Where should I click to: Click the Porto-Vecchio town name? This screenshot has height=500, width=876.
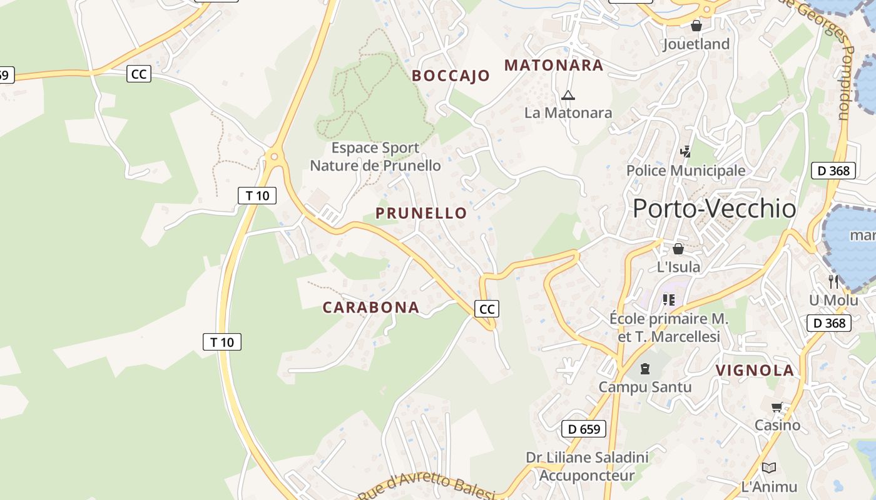(x=714, y=209)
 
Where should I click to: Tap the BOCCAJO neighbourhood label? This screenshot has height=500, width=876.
(x=451, y=76)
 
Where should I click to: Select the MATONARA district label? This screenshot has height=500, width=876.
(x=554, y=65)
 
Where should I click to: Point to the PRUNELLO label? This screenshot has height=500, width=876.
(x=421, y=213)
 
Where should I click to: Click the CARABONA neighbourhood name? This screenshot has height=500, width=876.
(x=370, y=307)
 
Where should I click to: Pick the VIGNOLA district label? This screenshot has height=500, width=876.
(x=755, y=370)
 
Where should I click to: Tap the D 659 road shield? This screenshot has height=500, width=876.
(x=584, y=429)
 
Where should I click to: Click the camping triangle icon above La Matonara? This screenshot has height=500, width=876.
(x=568, y=95)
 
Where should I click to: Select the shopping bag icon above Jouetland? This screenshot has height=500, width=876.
(x=696, y=26)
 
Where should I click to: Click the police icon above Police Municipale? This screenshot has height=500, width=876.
(x=686, y=152)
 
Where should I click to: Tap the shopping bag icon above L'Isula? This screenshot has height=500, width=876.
(x=678, y=249)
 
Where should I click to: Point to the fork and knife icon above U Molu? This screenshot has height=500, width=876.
(x=833, y=282)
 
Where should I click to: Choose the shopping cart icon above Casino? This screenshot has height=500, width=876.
(x=777, y=407)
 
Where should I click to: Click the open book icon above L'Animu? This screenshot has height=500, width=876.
(x=769, y=467)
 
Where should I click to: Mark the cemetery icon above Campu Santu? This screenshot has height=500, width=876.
(x=645, y=369)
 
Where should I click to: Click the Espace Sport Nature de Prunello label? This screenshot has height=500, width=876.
(x=375, y=157)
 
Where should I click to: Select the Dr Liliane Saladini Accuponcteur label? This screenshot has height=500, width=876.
(x=587, y=466)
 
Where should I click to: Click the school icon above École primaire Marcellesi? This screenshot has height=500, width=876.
(x=669, y=300)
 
